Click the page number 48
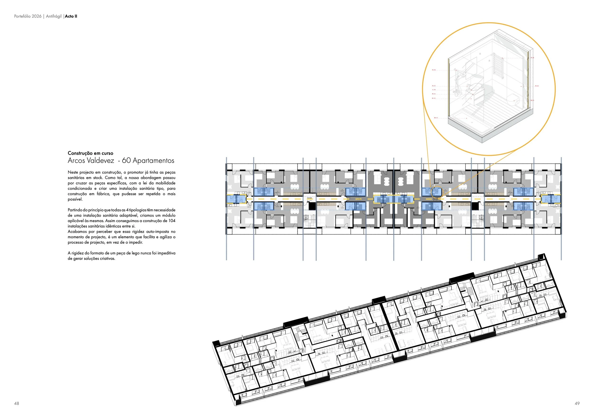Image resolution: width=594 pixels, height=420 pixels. (17, 403)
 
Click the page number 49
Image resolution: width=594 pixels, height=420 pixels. (577, 403)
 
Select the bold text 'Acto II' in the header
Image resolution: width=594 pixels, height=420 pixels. (71, 16)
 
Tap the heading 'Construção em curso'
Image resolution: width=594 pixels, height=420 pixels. (90, 153)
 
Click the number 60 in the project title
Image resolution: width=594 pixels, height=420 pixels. (126, 161)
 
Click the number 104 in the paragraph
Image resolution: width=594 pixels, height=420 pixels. (172, 221)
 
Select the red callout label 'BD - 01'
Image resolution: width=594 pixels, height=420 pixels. (436, 118)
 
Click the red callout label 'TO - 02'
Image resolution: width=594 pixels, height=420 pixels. (434, 70)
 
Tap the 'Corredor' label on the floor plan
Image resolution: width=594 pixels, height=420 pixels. (309, 198)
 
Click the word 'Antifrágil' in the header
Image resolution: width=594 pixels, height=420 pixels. (54, 16)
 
